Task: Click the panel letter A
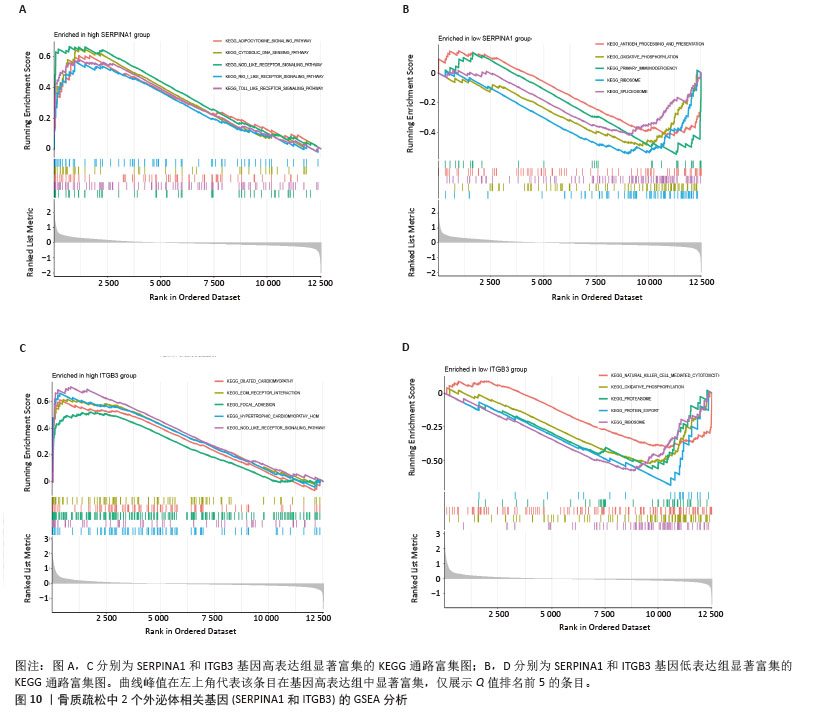pos(21,9)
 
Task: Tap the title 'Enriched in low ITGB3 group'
pos(489,369)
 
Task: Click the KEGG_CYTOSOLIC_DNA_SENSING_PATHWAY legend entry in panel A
pos(260,52)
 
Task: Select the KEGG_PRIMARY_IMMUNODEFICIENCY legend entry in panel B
pos(646,67)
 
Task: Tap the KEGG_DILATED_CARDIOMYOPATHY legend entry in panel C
pos(256,381)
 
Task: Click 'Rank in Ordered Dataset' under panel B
pos(597,297)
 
